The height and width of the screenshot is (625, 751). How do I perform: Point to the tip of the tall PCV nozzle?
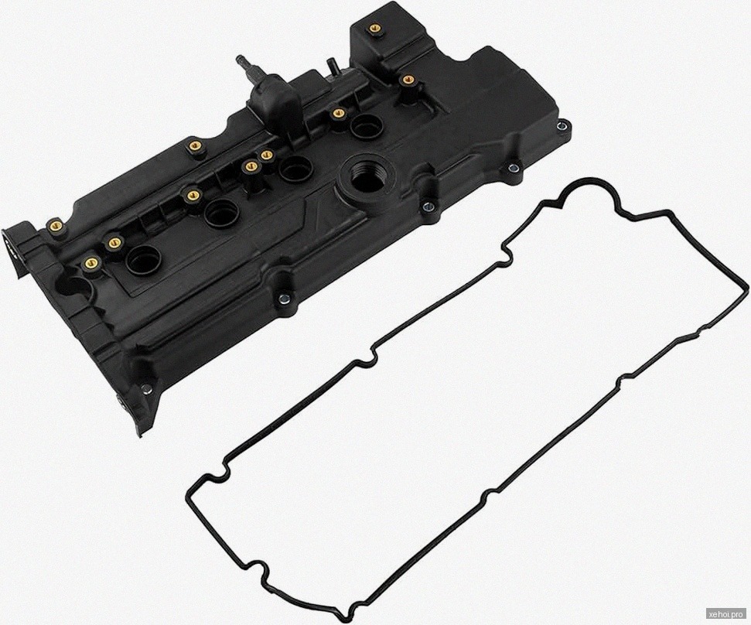[239, 60]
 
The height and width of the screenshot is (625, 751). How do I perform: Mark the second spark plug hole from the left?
[220, 213]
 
